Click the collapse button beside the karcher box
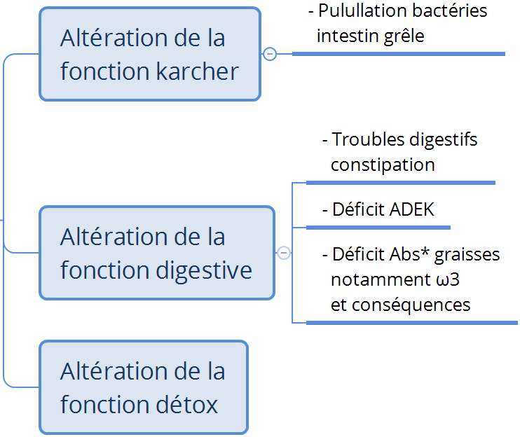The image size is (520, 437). pos(270,54)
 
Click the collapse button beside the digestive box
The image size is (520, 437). pos(284,253)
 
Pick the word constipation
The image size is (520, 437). pos(383,165)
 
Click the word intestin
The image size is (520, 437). pos(348,36)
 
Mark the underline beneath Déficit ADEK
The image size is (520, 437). pos(378,227)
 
